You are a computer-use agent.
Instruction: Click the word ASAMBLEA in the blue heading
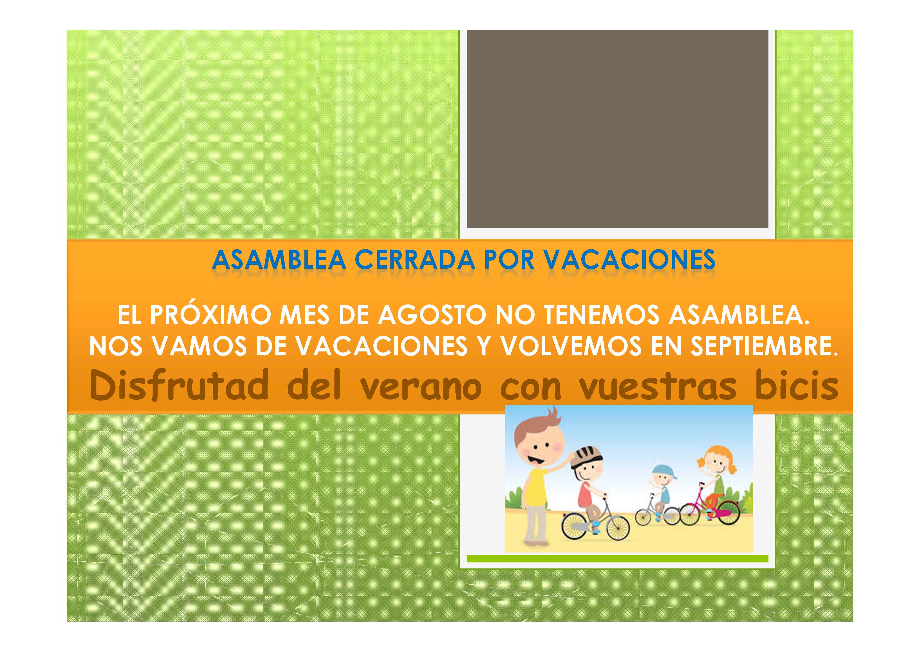(279, 260)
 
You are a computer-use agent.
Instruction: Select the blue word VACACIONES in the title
(629, 260)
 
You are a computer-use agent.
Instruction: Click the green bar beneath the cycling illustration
(617, 559)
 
